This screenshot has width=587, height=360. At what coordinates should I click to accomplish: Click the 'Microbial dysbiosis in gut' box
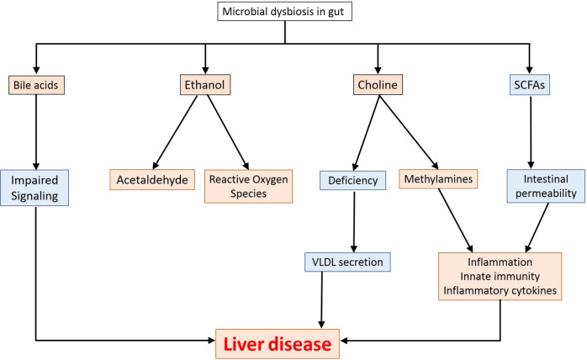point(285,13)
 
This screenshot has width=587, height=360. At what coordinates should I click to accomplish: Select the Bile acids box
point(35,84)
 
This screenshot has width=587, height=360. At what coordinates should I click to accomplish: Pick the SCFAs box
point(530,84)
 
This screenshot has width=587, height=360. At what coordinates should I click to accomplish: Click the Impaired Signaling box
point(35,188)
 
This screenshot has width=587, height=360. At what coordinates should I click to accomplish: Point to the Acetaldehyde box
point(153,179)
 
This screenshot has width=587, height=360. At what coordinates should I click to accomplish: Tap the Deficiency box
point(353,179)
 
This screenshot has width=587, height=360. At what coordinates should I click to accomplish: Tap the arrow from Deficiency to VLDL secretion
point(353,220)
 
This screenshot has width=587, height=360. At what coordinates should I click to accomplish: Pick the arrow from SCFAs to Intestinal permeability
point(530,130)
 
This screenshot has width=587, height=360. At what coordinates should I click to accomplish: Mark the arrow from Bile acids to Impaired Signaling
point(35,130)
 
